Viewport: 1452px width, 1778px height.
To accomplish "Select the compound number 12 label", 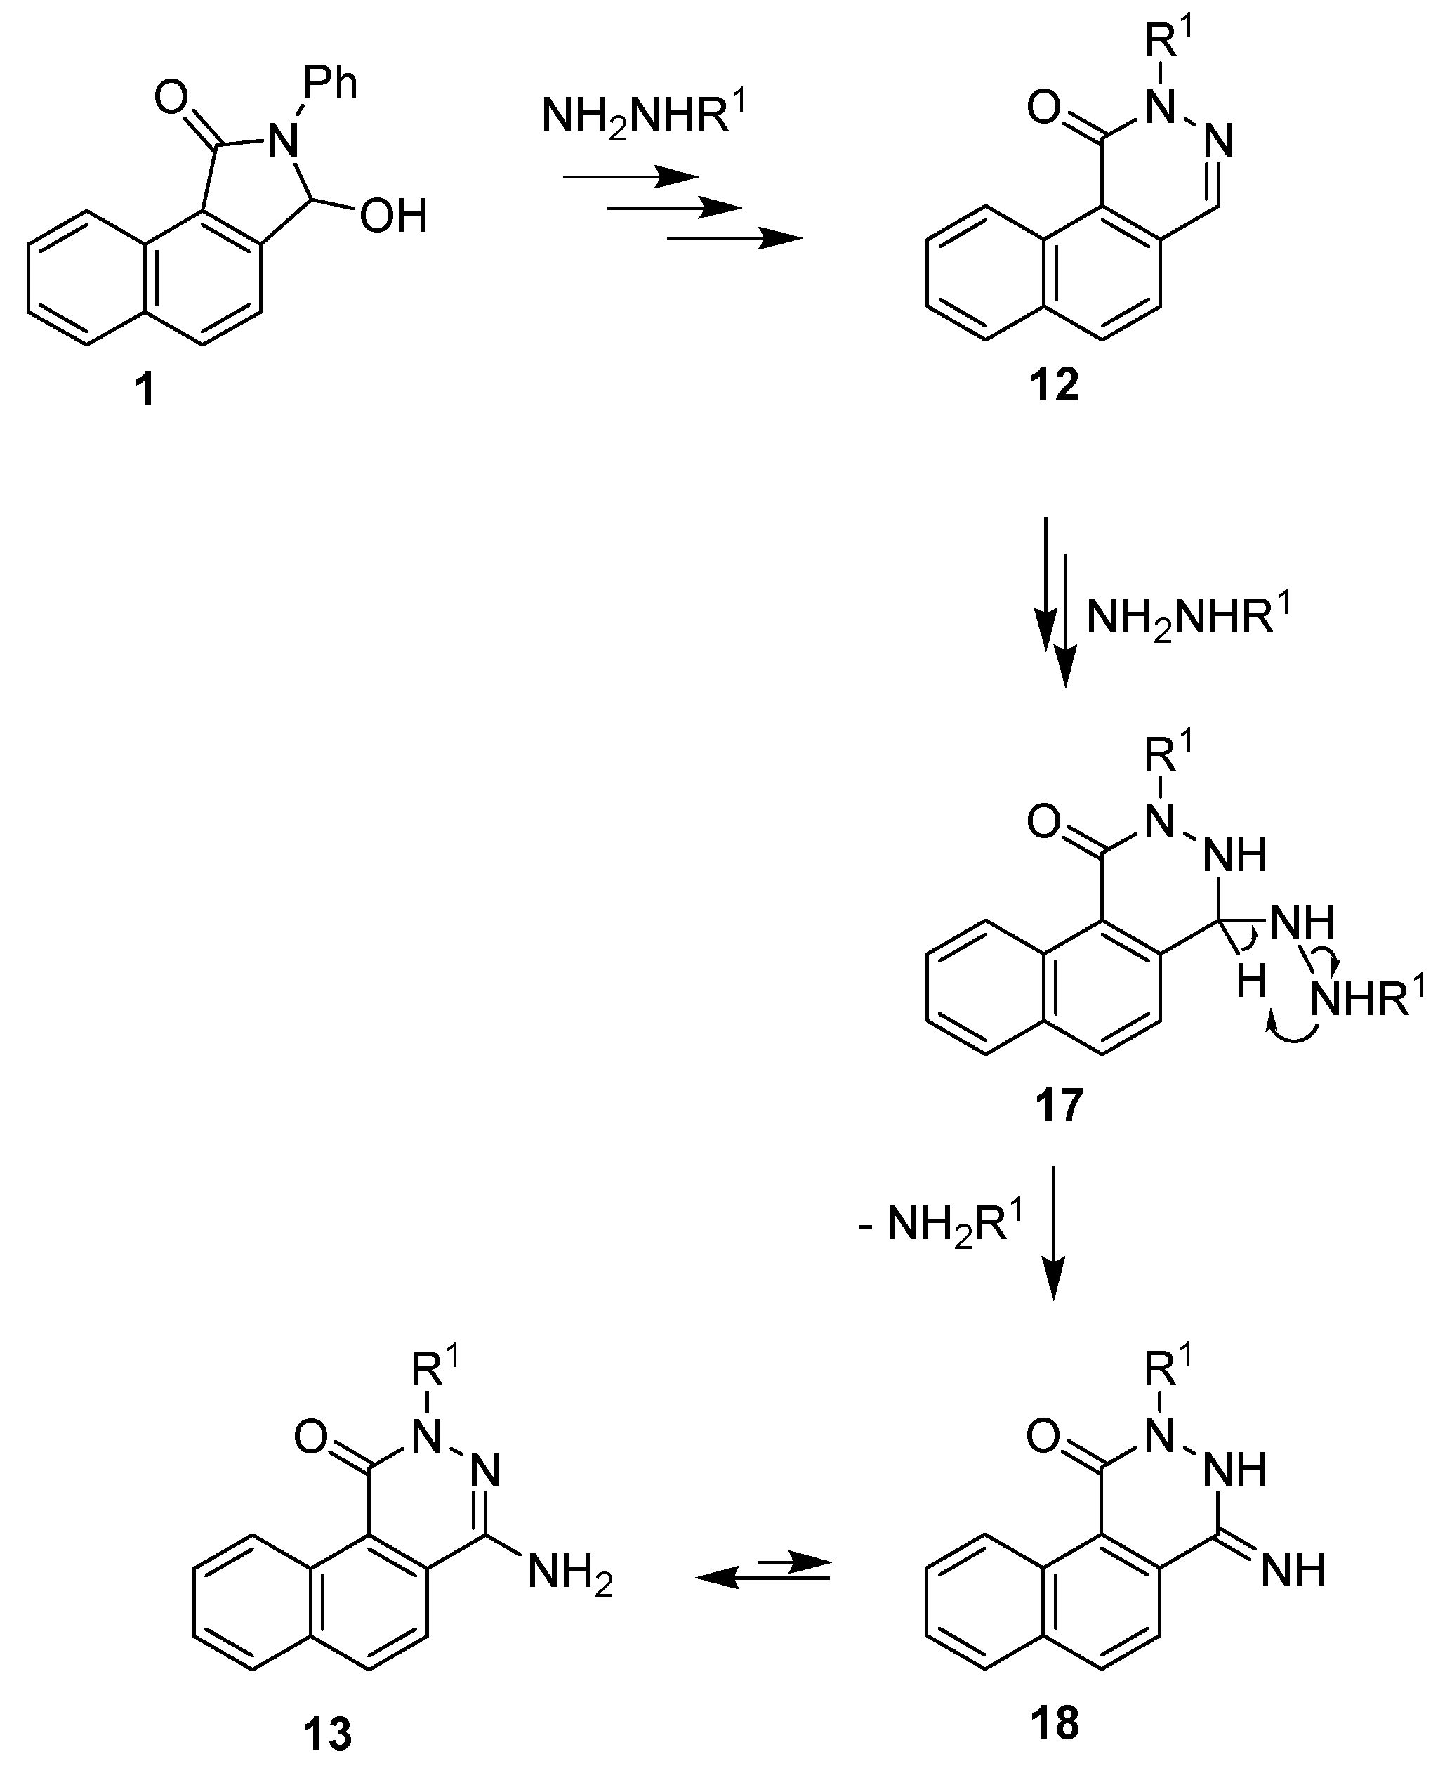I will (x=1054, y=386).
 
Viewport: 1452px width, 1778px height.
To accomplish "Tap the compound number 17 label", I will (x=1059, y=1105).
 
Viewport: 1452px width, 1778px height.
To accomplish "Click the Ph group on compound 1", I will (x=331, y=83).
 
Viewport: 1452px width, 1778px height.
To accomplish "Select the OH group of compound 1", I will (x=393, y=216).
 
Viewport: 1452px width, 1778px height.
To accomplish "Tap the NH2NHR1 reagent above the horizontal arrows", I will (x=642, y=115).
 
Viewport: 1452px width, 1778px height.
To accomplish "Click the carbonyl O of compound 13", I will (x=311, y=1438).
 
